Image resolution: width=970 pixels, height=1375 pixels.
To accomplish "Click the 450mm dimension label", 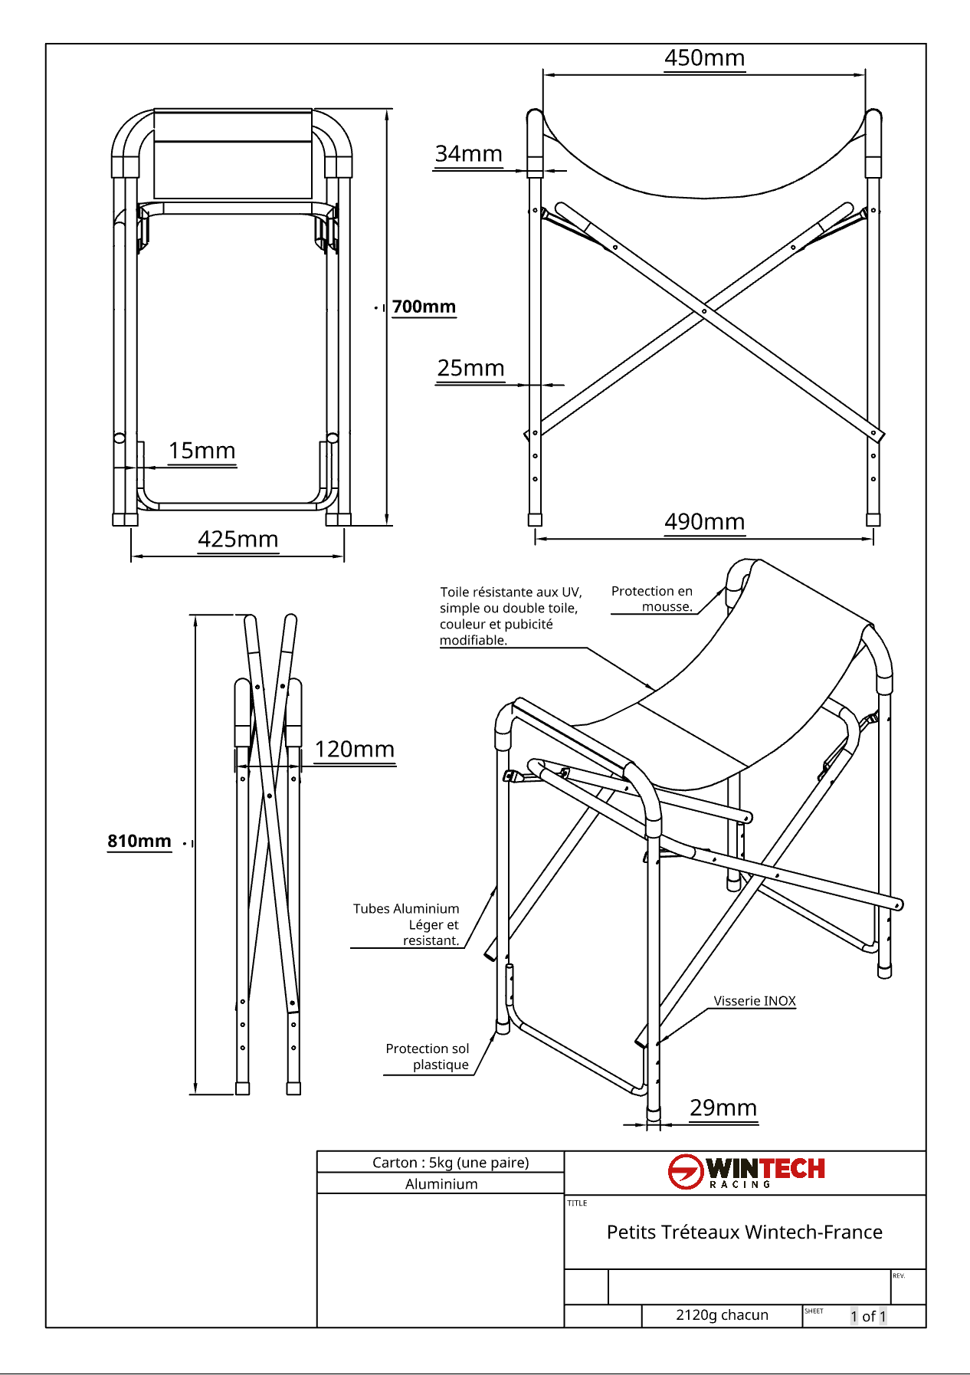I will (x=704, y=58).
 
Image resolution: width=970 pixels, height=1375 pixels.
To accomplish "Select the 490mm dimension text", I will (x=704, y=522).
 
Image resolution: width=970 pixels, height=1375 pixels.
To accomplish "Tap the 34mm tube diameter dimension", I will (x=468, y=154).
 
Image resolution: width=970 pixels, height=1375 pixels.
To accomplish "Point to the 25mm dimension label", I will (x=470, y=369).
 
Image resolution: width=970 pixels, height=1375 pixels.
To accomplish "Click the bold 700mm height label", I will (x=424, y=307).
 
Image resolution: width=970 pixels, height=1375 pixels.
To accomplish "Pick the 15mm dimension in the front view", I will (x=202, y=451).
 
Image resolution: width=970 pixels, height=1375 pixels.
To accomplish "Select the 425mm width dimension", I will (x=238, y=540).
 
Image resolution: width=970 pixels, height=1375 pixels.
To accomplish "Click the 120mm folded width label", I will (x=354, y=750).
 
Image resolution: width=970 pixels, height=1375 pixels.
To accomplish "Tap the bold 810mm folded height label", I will (x=139, y=841).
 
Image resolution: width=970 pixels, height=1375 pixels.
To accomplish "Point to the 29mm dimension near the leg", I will (x=723, y=1108).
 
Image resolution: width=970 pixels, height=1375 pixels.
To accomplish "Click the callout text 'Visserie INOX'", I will (x=754, y=1001).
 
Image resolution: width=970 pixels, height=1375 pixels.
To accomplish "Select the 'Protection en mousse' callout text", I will (x=652, y=599).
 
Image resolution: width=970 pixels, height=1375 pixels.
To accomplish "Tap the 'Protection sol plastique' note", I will (x=428, y=1056).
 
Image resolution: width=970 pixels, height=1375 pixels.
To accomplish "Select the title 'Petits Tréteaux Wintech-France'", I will (x=744, y=1232).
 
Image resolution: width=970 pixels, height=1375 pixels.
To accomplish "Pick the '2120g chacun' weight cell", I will (x=722, y=1315).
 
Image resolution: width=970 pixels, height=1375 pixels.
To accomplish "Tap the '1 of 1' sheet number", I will (x=867, y=1316).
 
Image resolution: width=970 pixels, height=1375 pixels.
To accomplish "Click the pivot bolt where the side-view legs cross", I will (x=704, y=311).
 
